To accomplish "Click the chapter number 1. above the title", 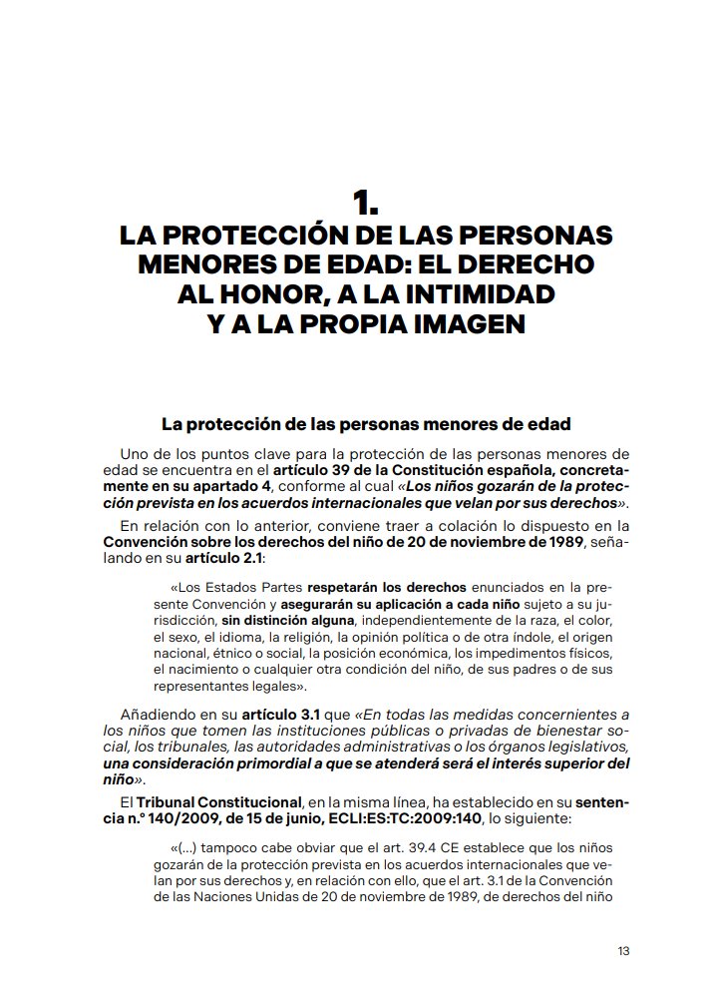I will click(x=365, y=205).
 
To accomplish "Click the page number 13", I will click(x=623, y=950).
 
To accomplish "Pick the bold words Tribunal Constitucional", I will click(x=218, y=801).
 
